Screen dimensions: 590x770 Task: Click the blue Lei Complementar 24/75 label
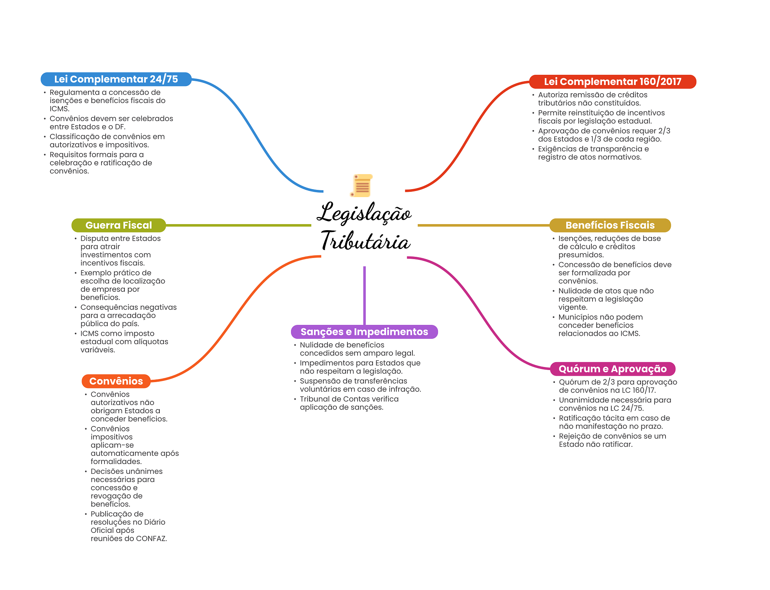[116, 79]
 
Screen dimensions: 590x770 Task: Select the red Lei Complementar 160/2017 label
[612, 82]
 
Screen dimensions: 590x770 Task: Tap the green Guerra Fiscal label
[118, 225]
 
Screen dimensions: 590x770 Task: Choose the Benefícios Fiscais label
[610, 225]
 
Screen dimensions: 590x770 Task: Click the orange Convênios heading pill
[116, 381]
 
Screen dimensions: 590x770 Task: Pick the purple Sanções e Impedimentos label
[364, 332]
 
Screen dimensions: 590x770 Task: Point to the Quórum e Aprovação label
[612, 369]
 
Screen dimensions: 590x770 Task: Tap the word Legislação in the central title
[364, 213]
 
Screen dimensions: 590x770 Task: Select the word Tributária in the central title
[365, 241]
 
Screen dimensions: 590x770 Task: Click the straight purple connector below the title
[364, 295]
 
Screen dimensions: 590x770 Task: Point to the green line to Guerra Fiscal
[238, 226]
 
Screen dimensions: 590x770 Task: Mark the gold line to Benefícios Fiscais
[484, 226]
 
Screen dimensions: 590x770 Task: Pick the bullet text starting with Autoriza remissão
[593, 99]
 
